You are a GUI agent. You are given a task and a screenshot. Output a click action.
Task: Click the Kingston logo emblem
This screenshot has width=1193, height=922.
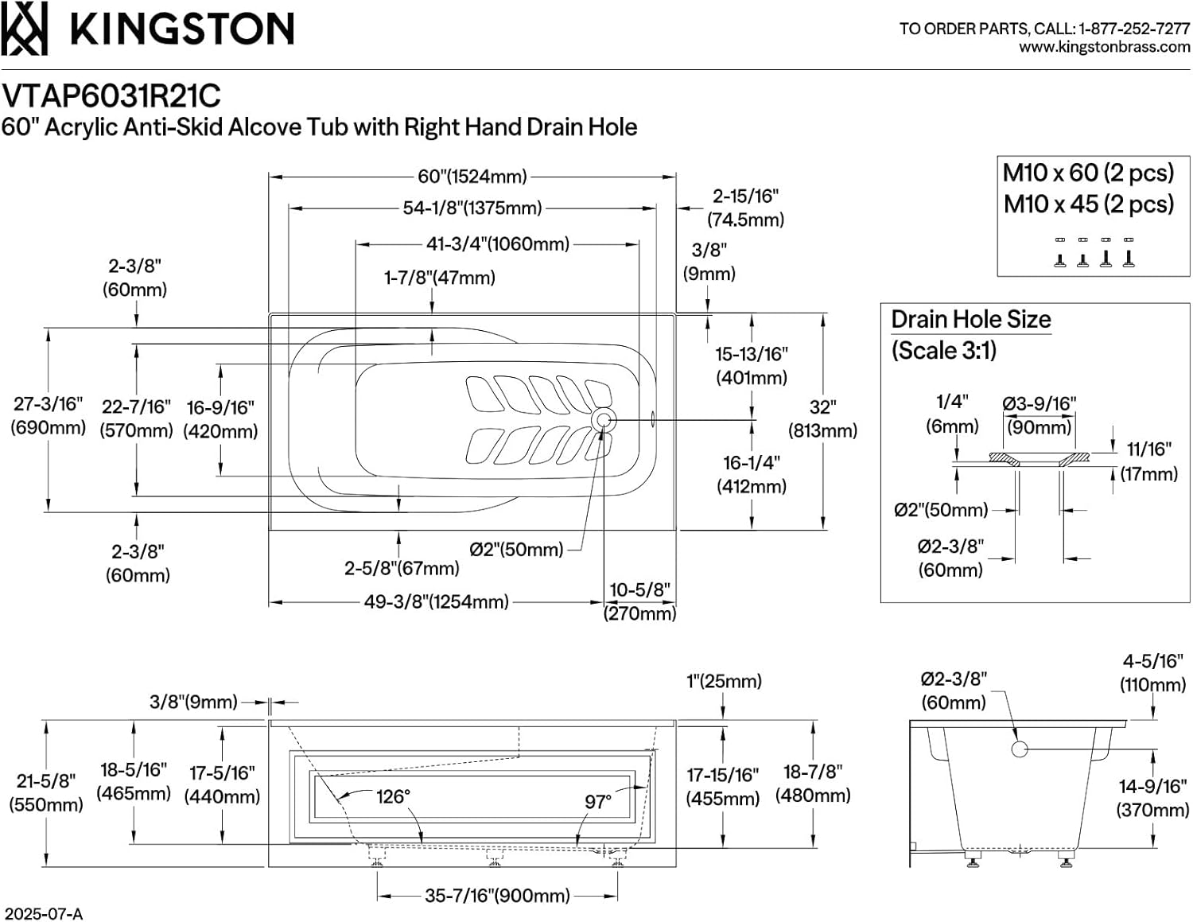(x=24, y=29)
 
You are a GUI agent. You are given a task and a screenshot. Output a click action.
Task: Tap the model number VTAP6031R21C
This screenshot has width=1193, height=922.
(x=111, y=96)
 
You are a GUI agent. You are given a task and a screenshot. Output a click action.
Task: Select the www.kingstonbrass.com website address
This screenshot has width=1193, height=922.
(x=1105, y=47)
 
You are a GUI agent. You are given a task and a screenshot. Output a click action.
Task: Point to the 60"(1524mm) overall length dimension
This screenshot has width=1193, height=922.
(x=472, y=177)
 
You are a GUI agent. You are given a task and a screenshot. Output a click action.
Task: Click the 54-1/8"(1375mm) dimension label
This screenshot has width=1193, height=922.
(x=472, y=208)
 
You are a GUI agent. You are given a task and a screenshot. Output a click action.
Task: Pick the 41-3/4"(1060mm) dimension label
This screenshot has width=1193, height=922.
(x=498, y=243)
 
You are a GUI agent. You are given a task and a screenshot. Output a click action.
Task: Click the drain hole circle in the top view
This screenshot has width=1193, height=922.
(x=604, y=421)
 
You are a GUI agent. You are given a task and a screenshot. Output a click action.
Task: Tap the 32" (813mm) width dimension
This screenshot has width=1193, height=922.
(x=822, y=418)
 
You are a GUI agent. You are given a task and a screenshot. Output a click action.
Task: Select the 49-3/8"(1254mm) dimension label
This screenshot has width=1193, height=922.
(x=437, y=602)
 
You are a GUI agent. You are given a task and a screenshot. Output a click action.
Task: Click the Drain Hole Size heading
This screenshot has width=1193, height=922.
(x=970, y=319)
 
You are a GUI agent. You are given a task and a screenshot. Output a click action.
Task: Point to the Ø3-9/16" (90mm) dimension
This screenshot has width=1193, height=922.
(x=1039, y=416)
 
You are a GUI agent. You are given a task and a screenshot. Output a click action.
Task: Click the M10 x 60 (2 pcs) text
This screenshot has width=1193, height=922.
(x=1088, y=173)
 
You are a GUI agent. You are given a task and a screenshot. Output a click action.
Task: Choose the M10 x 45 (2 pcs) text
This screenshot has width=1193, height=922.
(x=1088, y=204)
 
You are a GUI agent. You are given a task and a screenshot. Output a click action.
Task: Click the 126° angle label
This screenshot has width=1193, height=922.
(x=393, y=796)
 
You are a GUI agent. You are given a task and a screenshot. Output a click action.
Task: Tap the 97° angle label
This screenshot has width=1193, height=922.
(x=598, y=803)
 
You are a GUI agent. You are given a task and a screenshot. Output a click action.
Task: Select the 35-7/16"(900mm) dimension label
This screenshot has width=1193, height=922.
(x=497, y=896)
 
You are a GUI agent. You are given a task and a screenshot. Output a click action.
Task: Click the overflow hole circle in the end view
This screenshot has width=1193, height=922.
(x=1019, y=749)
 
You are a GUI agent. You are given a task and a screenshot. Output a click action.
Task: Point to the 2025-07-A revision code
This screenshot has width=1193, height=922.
(x=42, y=914)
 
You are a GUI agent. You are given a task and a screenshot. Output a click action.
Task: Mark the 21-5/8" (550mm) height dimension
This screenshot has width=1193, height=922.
(x=46, y=792)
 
